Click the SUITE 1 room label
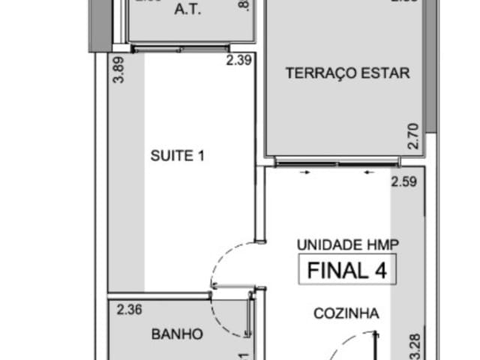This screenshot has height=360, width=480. (178, 156)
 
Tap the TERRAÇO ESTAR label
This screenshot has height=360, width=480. (347, 73)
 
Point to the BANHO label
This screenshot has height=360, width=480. (176, 334)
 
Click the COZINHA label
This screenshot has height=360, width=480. (346, 314)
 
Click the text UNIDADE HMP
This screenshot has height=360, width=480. (347, 244)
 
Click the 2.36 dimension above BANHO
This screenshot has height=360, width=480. (129, 307)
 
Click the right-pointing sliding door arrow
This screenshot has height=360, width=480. (305, 172)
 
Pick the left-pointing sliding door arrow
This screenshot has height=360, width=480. (367, 172)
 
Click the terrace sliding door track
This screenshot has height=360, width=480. (337, 160)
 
